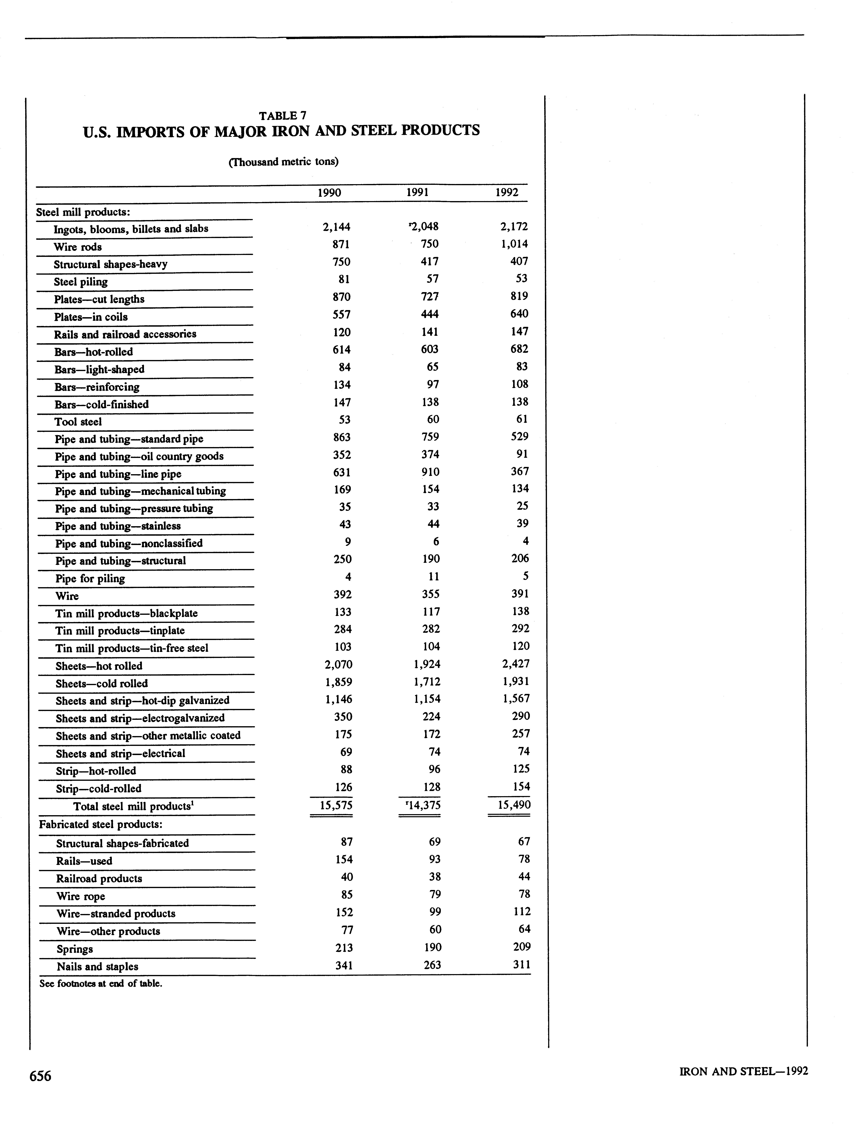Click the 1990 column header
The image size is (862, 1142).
[329, 193]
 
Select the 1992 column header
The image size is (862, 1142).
[507, 193]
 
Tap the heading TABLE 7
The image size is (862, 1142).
[283, 116]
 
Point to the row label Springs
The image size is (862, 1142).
[75, 949]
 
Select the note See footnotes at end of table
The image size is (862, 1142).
[101, 983]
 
